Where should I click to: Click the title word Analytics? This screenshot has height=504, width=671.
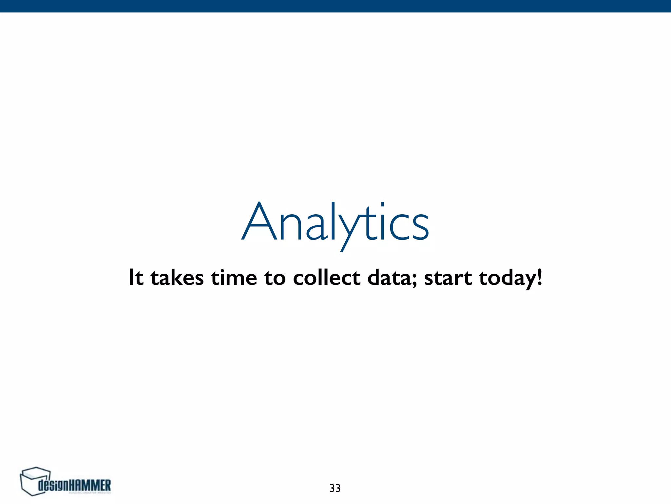[335, 223]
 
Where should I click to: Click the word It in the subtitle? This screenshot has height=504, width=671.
[136, 278]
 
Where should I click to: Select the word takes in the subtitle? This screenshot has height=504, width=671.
[177, 278]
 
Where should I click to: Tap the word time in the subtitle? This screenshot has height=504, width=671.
[234, 278]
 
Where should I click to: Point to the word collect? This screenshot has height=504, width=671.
[327, 278]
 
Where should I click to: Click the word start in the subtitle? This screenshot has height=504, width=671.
[448, 278]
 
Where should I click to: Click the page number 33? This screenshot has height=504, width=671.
[335, 488]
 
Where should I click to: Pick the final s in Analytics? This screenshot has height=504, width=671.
[419, 226]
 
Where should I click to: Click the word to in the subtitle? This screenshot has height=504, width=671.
[275, 278]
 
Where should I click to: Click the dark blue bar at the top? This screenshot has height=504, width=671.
[335, 6]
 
